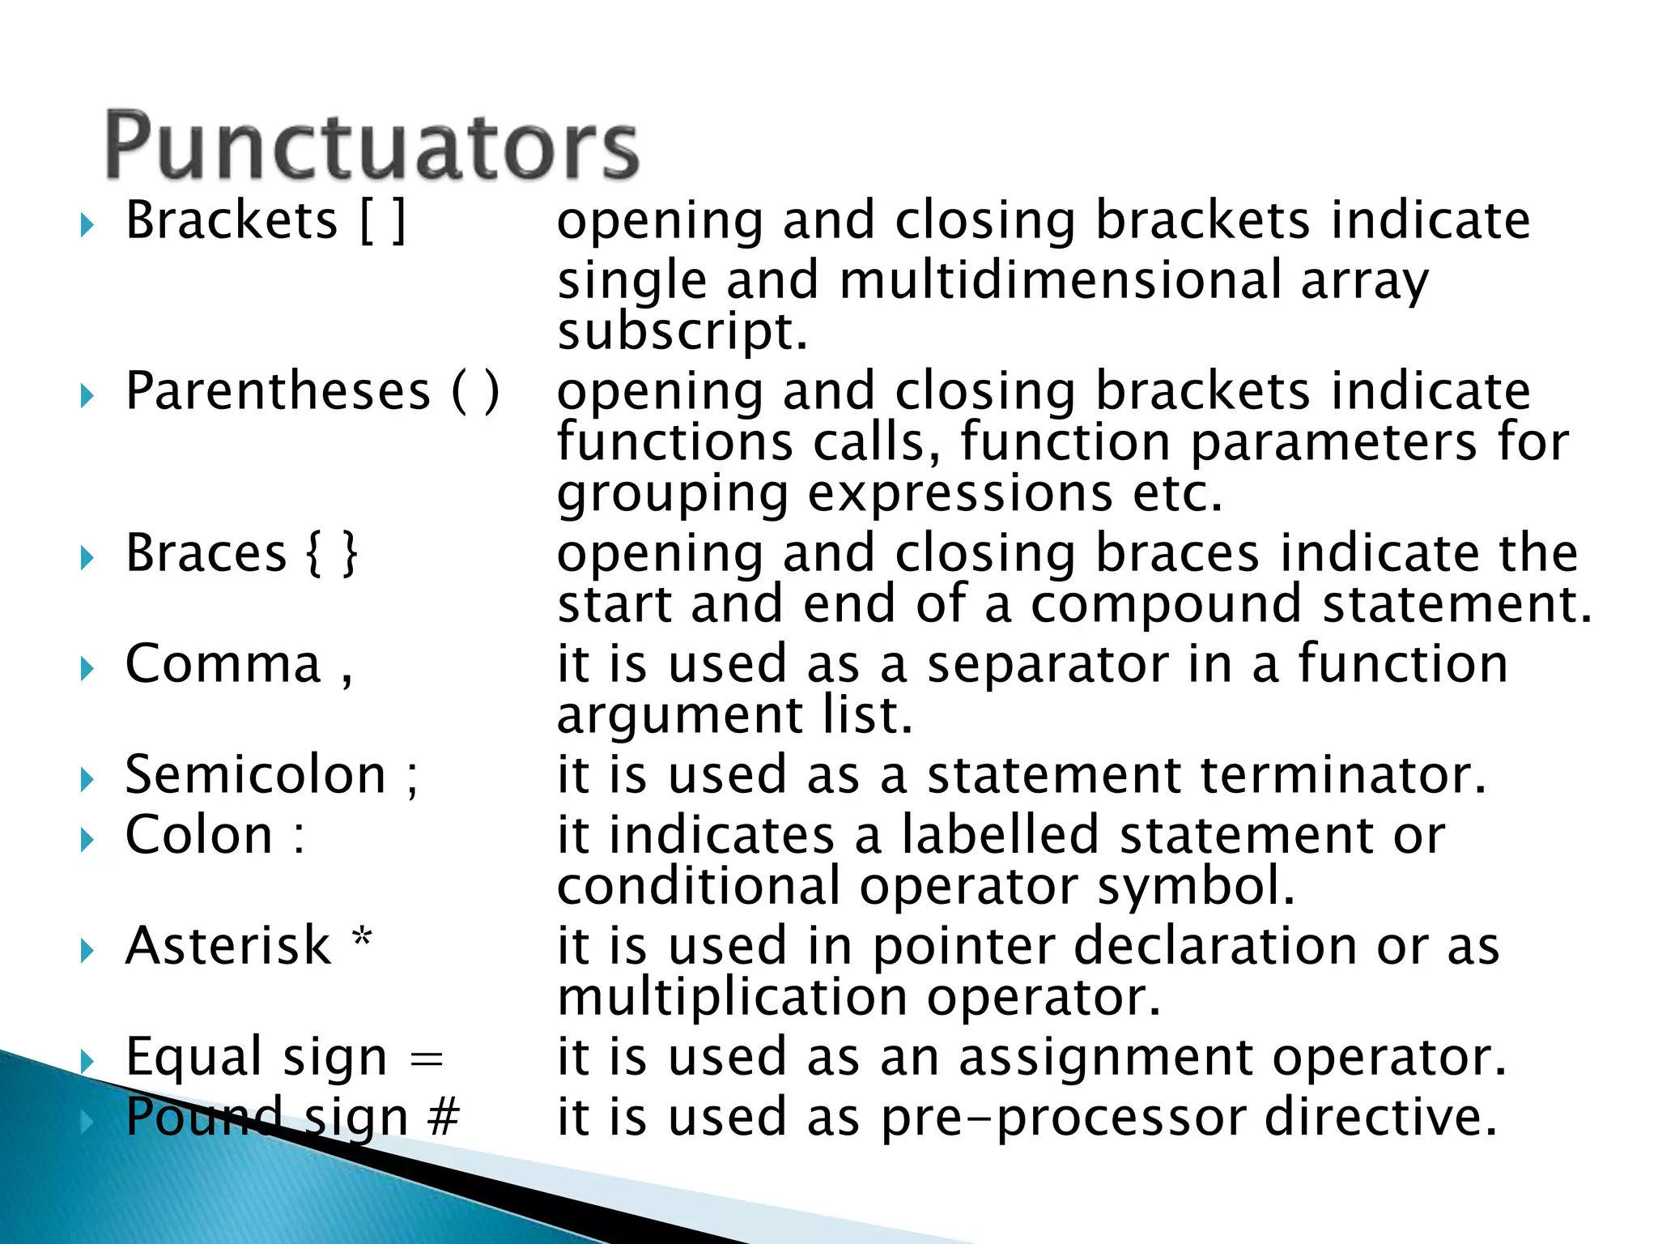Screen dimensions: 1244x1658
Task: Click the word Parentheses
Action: tap(278, 392)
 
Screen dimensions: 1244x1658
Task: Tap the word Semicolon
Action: tap(255, 775)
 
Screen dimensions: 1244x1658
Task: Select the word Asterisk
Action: tap(228, 946)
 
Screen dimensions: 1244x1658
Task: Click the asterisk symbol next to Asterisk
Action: tap(362, 939)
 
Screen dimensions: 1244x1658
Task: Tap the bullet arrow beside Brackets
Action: tap(87, 226)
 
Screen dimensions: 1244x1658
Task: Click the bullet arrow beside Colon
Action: tap(87, 841)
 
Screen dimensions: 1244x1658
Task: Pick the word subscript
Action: tap(682, 332)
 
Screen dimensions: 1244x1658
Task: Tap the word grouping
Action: tap(672, 495)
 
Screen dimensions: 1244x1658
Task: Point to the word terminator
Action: tap(1342, 775)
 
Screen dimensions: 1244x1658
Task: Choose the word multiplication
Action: tap(732, 997)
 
